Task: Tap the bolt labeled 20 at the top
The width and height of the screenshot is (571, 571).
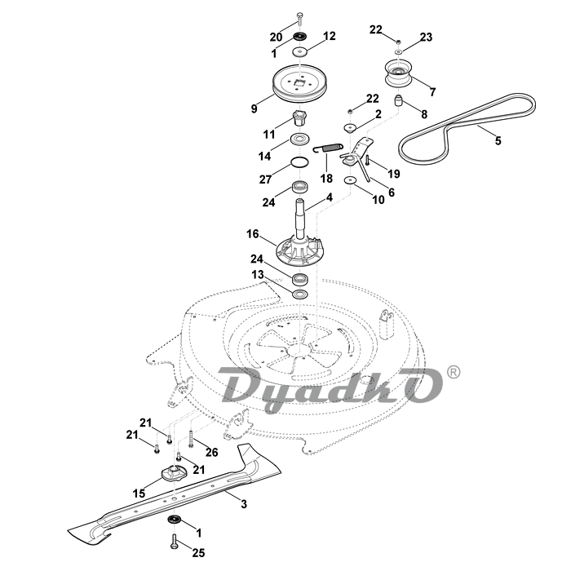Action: (299, 17)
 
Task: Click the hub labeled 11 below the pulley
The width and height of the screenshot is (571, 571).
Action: (298, 114)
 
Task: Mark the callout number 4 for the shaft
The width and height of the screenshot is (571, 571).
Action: (330, 197)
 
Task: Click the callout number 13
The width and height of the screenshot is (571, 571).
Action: (257, 274)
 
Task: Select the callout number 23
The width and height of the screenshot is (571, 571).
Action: (427, 38)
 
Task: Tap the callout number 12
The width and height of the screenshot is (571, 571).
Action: (330, 36)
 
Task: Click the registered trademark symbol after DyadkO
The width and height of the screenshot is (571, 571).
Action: (454, 372)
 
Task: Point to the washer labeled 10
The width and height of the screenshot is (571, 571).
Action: (350, 179)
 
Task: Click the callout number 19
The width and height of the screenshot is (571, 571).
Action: (394, 174)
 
